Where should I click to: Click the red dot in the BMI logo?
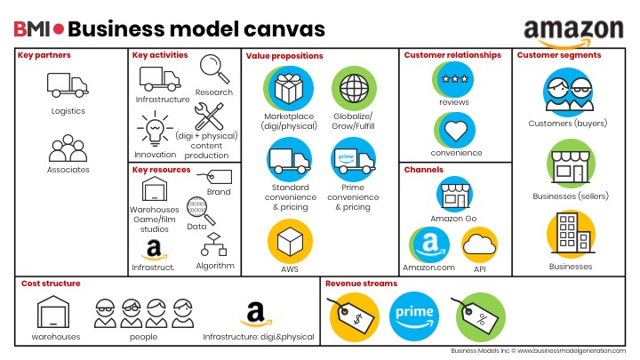(x=59, y=28)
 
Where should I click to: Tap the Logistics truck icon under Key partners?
(x=67, y=85)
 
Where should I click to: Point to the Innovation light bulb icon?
(x=155, y=132)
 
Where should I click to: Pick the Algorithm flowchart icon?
(x=213, y=245)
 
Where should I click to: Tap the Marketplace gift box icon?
(x=288, y=88)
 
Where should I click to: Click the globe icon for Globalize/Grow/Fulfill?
(x=354, y=88)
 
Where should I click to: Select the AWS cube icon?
(x=289, y=241)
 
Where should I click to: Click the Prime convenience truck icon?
(x=354, y=160)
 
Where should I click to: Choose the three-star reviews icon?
(x=454, y=79)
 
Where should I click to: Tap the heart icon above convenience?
(x=454, y=130)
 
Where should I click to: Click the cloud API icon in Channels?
(x=480, y=244)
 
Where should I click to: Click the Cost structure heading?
(x=49, y=284)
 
